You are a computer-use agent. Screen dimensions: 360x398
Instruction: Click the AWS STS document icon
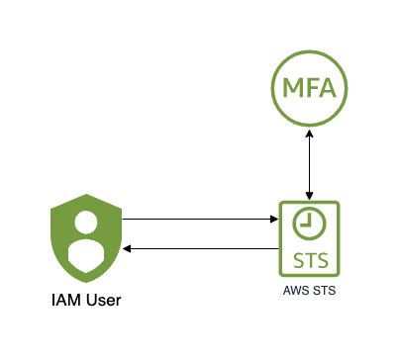point(309,240)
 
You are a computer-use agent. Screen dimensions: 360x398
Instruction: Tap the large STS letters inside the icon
point(309,261)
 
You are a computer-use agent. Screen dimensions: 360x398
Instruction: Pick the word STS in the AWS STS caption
point(324,294)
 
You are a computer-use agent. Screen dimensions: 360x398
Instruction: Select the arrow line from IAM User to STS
point(198,218)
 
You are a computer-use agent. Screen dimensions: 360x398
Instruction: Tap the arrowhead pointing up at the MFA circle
point(311,135)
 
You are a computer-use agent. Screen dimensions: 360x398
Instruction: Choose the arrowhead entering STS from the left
point(274,218)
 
